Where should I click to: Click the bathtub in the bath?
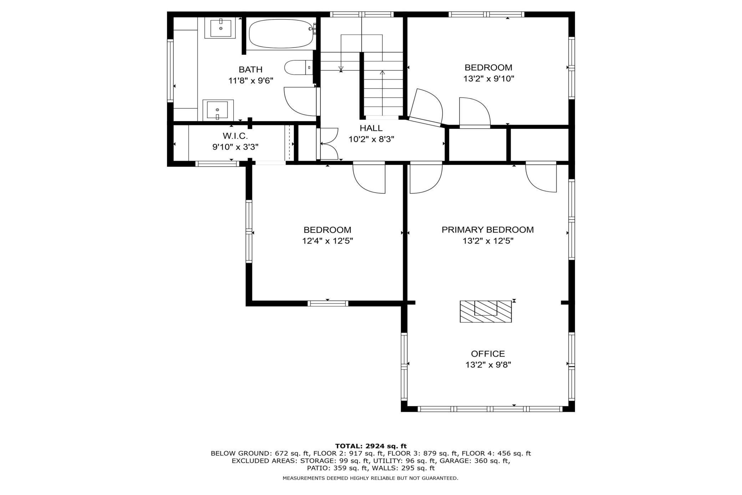[x=281, y=34]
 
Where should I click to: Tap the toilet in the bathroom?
[x=298, y=67]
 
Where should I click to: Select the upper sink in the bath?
[x=220, y=27]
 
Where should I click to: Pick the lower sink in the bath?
[x=218, y=110]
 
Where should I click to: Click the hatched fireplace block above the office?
[x=486, y=311]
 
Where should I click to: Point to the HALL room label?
[x=371, y=128]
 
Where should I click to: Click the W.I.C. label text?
[x=235, y=136]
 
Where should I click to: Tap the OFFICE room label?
[x=488, y=354]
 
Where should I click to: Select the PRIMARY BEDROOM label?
[x=488, y=230]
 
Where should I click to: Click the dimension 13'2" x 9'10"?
[x=488, y=79]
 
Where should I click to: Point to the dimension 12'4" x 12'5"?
[x=327, y=241]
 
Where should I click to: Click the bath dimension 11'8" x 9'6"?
[x=250, y=80]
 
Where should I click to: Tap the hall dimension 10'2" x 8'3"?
[x=371, y=139]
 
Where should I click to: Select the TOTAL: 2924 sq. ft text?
[x=371, y=446]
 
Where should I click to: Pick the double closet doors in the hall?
[x=328, y=144]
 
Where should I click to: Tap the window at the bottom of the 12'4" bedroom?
[x=328, y=304]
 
